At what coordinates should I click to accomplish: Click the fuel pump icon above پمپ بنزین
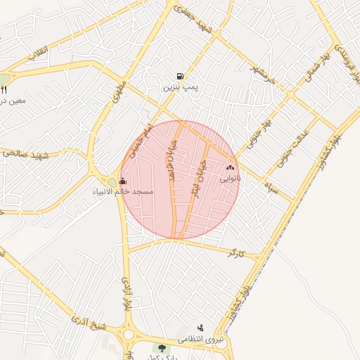click(x=181, y=77)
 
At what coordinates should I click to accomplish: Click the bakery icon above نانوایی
click(x=230, y=168)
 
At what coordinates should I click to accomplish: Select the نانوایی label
click(x=230, y=179)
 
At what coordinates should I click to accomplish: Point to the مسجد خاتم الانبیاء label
click(x=122, y=191)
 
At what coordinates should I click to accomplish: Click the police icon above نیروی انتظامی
click(x=200, y=328)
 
